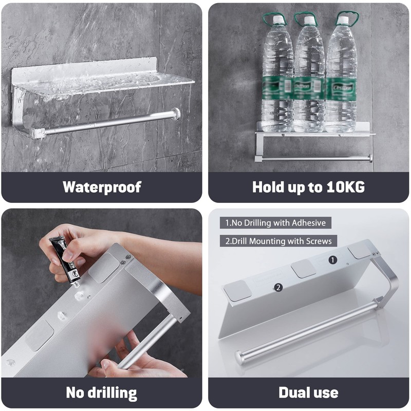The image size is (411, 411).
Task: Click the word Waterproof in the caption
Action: click(x=102, y=187)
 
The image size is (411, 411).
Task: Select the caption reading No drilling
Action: click(x=102, y=393)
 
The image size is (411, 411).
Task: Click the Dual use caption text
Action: click(x=308, y=393)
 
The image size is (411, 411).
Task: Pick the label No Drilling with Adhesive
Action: click(x=275, y=223)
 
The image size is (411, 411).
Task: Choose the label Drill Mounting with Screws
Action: click(x=278, y=240)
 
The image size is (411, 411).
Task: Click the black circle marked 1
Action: click(x=332, y=260)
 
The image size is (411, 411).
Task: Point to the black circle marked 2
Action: click(x=278, y=287)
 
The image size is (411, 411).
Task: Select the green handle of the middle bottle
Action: click(x=306, y=20)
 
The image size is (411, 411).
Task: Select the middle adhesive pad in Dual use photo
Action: click(x=304, y=268)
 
